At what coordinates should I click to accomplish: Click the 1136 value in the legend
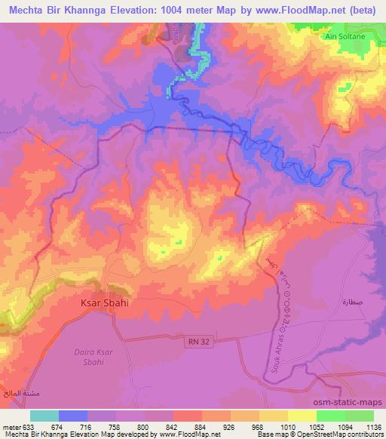pos(372,427)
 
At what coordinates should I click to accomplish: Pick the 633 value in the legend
pos(25,427)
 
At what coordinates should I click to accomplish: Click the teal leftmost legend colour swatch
pos(44,416)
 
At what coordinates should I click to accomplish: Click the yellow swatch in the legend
pos(302,416)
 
